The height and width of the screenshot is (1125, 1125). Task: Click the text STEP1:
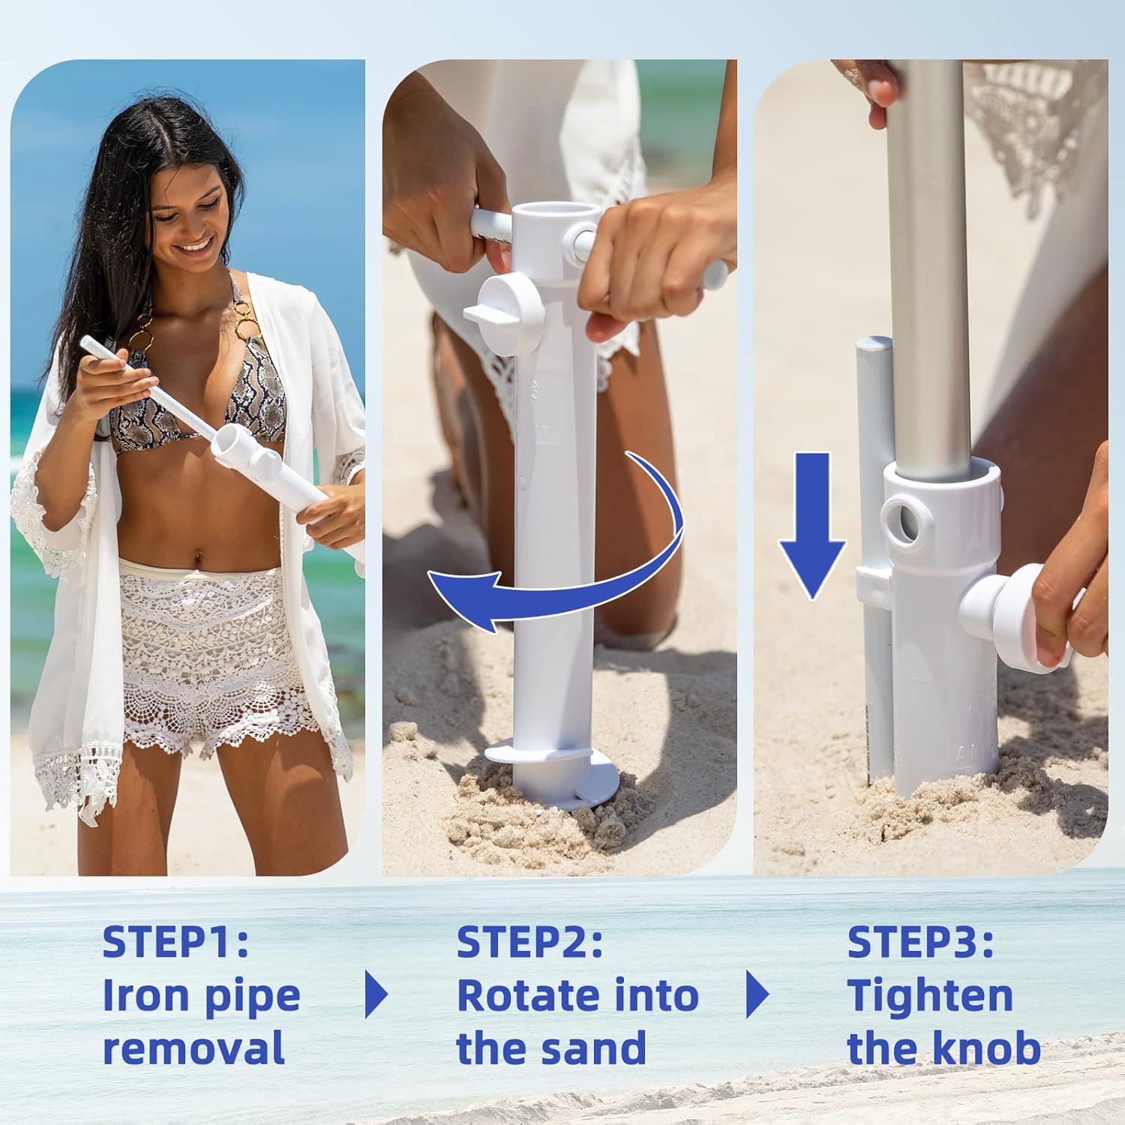coord(175,942)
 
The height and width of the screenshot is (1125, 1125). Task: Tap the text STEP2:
coord(529,942)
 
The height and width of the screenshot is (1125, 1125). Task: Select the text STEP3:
coord(921,942)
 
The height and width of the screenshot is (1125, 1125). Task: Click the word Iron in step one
coord(146,995)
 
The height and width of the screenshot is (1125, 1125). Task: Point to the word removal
coord(193,1048)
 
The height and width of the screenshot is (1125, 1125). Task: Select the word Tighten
coord(930,997)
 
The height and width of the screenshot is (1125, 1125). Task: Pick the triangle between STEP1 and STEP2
coord(376,994)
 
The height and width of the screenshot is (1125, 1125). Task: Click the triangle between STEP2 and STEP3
coord(757,994)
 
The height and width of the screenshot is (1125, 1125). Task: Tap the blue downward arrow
coord(812,525)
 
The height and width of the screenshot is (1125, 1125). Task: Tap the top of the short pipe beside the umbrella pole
coord(874,344)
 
